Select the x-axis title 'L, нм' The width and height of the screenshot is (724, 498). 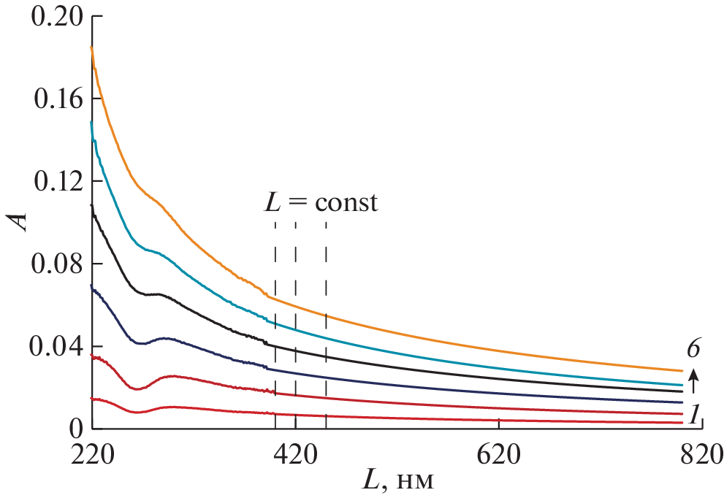[x=400, y=482]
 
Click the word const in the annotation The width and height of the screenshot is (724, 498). [x=346, y=202]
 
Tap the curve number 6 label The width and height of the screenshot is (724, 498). [x=693, y=350]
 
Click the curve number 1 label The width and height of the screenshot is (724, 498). [x=695, y=415]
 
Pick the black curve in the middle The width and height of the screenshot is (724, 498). [x=438, y=367]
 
